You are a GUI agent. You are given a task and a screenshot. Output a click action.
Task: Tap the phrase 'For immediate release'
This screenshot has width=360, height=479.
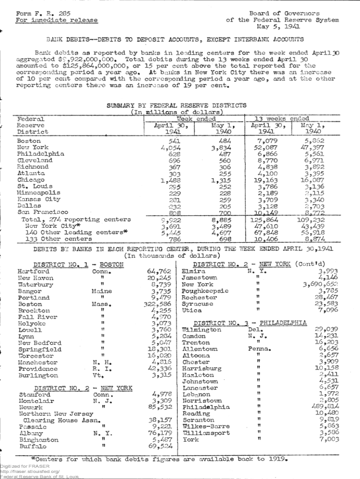click(x=57, y=20)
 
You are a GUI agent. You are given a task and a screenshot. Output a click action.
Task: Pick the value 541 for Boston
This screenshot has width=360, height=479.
click(x=174, y=141)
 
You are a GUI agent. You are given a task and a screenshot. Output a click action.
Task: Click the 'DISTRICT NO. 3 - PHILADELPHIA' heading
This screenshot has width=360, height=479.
click(x=250, y=323)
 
